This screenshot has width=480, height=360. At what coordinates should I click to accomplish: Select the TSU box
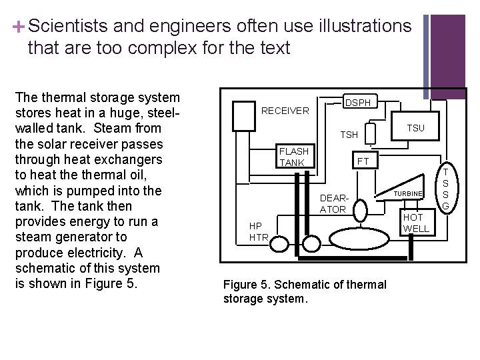click(x=415, y=128)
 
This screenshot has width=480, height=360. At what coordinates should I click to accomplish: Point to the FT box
click(x=363, y=161)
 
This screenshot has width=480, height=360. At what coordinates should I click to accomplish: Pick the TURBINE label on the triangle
click(x=407, y=193)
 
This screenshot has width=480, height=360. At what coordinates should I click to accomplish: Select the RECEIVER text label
click(x=285, y=111)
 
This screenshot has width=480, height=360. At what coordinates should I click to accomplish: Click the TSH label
click(x=349, y=135)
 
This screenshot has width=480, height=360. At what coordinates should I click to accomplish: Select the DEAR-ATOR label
click(x=333, y=204)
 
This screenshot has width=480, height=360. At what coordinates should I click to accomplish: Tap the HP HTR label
click(x=258, y=231)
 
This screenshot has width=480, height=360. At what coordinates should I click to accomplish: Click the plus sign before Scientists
click(x=18, y=27)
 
